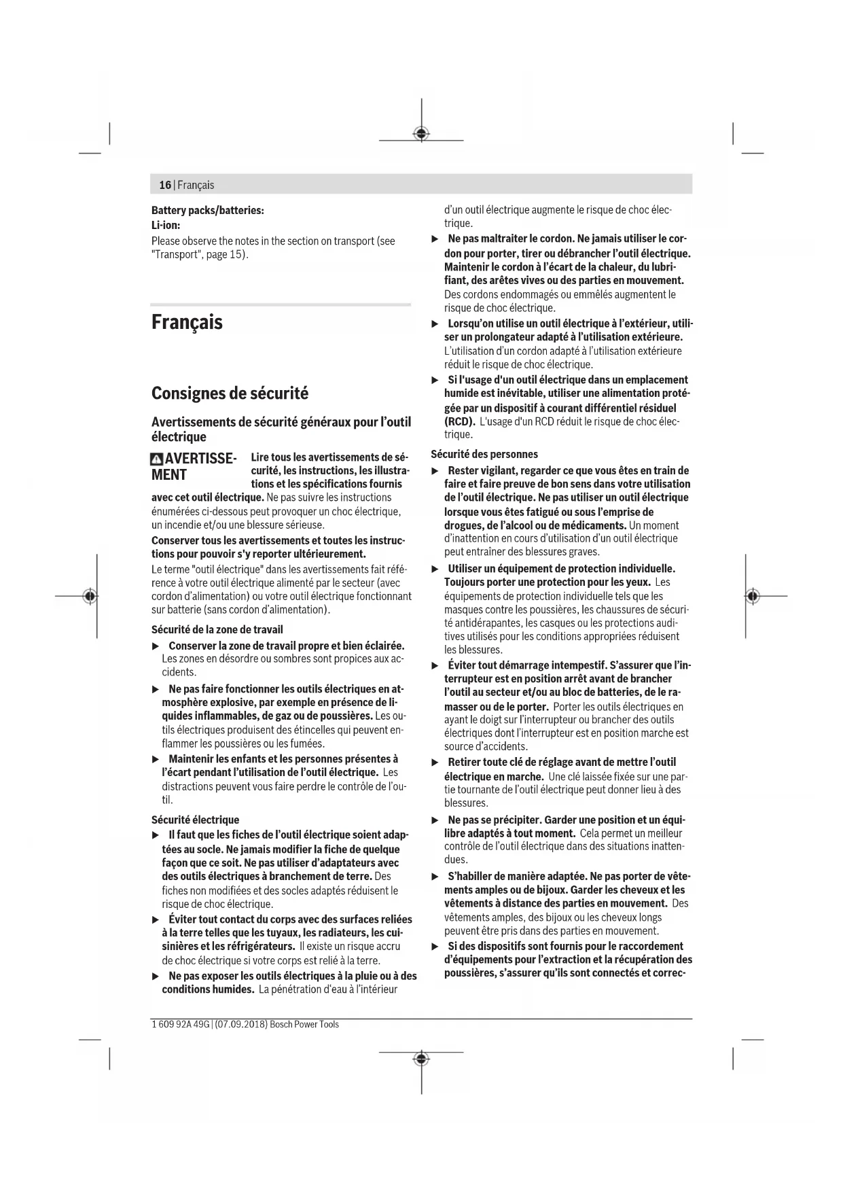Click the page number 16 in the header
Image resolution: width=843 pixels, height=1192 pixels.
pyautogui.click(x=165, y=185)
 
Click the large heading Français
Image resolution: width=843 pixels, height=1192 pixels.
pyautogui.click(x=187, y=322)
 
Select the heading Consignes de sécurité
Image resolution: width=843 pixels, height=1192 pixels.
pyautogui.click(x=230, y=393)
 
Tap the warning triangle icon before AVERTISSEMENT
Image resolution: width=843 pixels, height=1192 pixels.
pyautogui.click(x=157, y=459)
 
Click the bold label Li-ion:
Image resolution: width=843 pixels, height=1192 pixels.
pyautogui.click(x=166, y=225)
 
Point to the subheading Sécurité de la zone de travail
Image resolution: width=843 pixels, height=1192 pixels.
pyautogui.click(x=217, y=629)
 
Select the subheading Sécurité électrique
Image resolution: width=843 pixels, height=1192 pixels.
pyautogui.click(x=195, y=820)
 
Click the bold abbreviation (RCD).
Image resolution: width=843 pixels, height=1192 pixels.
pyautogui.click(x=459, y=421)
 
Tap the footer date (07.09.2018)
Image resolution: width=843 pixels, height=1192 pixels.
pyautogui.click(x=241, y=1024)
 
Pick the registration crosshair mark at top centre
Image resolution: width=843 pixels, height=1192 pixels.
pyautogui.click(x=421, y=133)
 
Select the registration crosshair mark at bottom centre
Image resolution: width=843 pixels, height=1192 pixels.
pyautogui.click(x=421, y=1059)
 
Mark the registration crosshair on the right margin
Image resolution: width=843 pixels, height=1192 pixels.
pyautogui.click(x=752, y=596)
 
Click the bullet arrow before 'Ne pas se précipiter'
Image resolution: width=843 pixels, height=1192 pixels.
pyautogui.click(x=435, y=820)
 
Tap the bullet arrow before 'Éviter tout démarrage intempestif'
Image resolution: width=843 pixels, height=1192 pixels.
pyautogui.click(x=435, y=665)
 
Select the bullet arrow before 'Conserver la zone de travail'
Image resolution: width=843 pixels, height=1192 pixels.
pyautogui.click(x=156, y=646)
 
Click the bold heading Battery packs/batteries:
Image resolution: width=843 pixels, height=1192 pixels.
pyautogui.click(x=207, y=211)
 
